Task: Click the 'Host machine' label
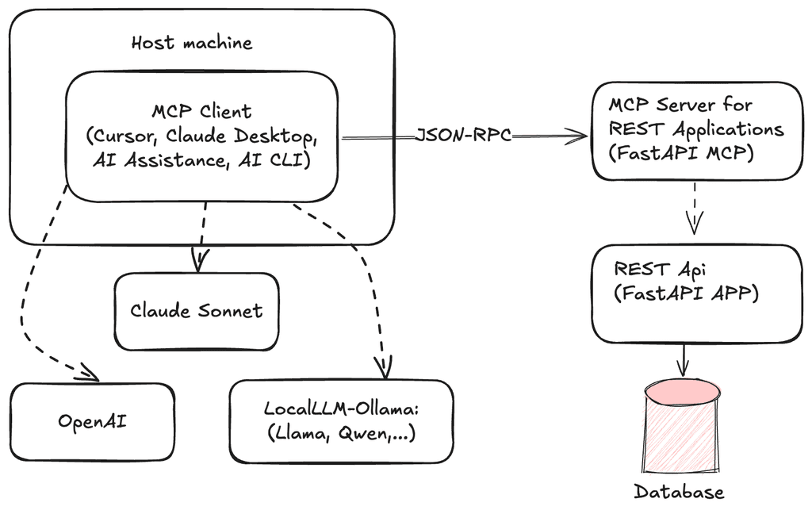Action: [x=192, y=43]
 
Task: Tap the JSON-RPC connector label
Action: [x=463, y=135]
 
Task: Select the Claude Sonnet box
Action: [x=197, y=312]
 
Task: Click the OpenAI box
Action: [x=92, y=422]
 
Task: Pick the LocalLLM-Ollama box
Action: [x=341, y=421]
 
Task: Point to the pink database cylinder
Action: [x=683, y=426]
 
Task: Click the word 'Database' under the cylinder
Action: [x=679, y=492]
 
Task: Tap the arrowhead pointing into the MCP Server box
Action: [x=578, y=136]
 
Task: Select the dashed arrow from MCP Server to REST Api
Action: [x=694, y=208]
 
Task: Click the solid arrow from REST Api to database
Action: [x=684, y=359]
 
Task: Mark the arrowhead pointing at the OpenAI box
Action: [x=89, y=373]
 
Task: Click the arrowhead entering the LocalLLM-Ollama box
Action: [x=385, y=366]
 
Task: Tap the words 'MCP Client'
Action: [x=201, y=111]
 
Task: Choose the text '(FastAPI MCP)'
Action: [x=681, y=153]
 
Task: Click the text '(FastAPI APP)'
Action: [x=686, y=293]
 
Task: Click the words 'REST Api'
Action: [x=660, y=270]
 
